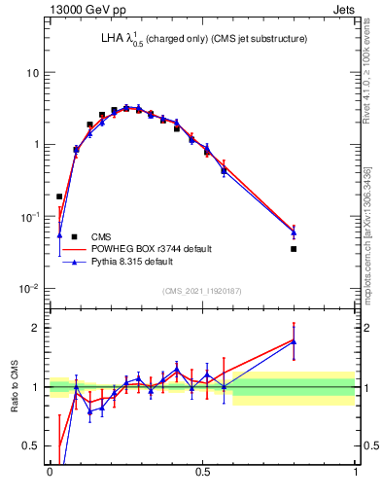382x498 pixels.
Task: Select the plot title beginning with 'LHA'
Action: (x=185, y=40)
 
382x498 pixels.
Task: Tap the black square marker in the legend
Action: (x=73, y=236)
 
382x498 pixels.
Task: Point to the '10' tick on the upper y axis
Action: (x=32, y=73)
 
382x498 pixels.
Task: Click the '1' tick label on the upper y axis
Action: (x=36, y=145)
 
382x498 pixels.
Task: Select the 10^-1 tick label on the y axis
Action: (x=30, y=216)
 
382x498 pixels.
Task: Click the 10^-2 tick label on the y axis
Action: (x=30, y=288)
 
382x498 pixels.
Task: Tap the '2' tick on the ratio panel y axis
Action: (x=36, y=328)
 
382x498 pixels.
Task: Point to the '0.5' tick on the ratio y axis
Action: (x=31, y=446)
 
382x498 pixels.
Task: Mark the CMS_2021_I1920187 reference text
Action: (x=202, y=290)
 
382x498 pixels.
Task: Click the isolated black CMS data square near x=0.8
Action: (x=294, y=249)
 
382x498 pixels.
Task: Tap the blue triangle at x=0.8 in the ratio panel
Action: (x=294, y=341)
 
